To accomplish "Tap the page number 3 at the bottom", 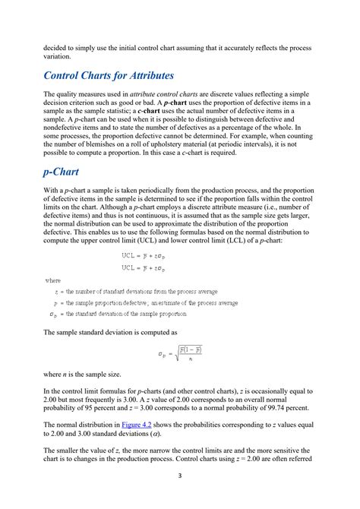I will pyautogui.click(x=179, y=476).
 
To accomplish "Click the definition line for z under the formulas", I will pyautogui.click(x=129, y=292).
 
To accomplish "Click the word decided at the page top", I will pyautogui.click(x=57, y=47).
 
